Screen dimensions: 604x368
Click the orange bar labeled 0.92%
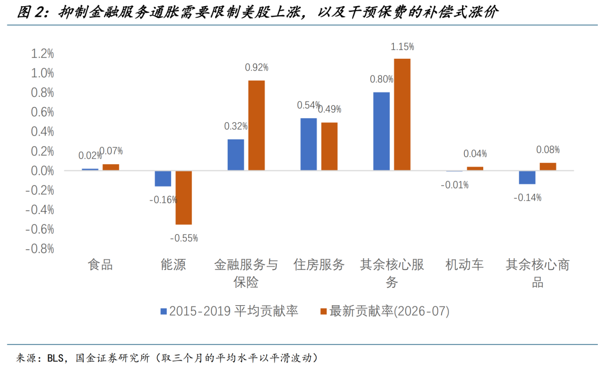click(x=257, y=125)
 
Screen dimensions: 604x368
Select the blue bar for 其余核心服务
click(x=381, y=131)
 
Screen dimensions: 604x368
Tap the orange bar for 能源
click(x=184, y=198)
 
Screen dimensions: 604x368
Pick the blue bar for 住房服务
click(x=309, y=145)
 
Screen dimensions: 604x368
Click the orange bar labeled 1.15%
click(x=402, y=115)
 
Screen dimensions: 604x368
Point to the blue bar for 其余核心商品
click(x=527, y=178)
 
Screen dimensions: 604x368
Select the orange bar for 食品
click(x=111, y=167)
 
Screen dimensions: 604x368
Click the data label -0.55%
click(x=184, y=238)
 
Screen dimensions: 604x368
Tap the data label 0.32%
click(x=236, y=126)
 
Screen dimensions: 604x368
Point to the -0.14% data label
click(x=527, y=198)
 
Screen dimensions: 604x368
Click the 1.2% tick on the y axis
click(x=43, y=53)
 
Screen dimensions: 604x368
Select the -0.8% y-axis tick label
click(x=40, y=249)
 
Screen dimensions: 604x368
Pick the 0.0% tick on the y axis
click(x=43, y=170)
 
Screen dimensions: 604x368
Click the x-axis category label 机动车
click(x=465, y=264)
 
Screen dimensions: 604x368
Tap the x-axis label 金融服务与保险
click(x=246, y=273)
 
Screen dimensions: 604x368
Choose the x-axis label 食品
click(x=101, y=264)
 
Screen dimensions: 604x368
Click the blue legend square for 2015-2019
click(x=164, y=311)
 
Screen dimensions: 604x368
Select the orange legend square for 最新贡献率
click(x=324, y=311)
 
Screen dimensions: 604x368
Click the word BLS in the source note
click(x=55, y=358)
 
